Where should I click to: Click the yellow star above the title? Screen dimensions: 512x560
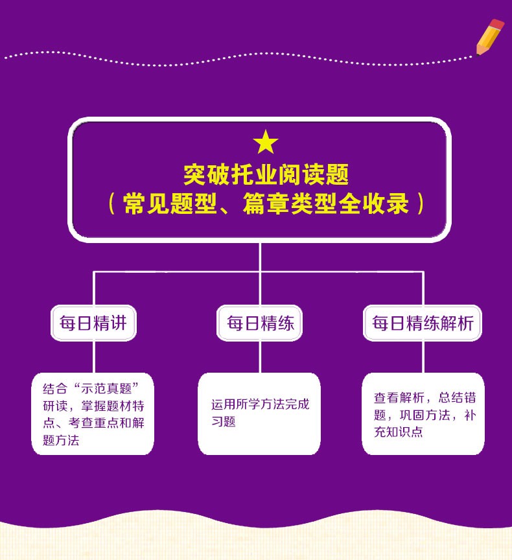266,143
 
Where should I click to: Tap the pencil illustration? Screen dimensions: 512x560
489,37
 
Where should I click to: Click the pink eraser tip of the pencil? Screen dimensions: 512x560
497,24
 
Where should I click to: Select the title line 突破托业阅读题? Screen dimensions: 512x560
266,174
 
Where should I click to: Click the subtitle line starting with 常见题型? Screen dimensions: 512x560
266,203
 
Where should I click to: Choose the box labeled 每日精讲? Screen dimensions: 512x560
93,323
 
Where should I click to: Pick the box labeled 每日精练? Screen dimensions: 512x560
260,323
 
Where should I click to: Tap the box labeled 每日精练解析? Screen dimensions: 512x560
423,323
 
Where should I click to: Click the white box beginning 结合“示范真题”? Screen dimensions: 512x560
93,414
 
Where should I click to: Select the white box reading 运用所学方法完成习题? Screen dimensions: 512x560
259,414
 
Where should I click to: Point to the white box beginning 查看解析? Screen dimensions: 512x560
423,414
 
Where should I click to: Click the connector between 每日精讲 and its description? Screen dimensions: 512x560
95,356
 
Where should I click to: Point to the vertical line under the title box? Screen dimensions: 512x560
260,257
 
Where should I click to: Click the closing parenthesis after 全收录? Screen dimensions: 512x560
421,203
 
